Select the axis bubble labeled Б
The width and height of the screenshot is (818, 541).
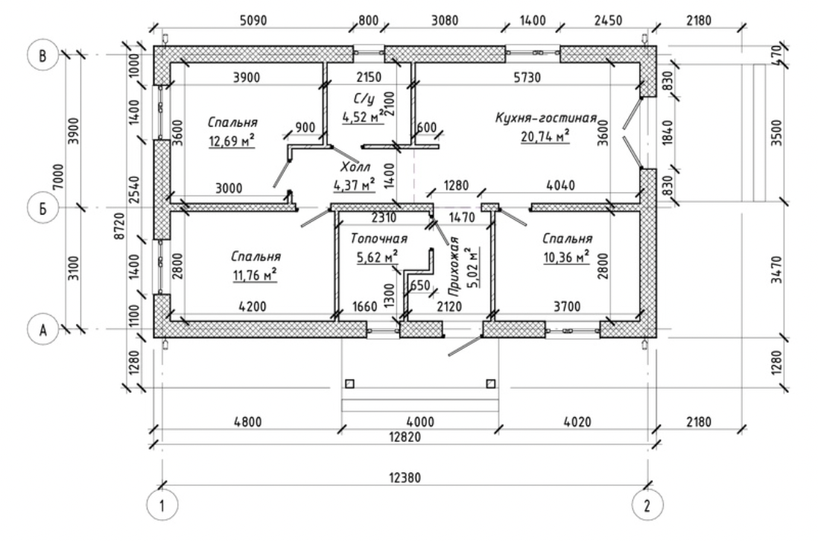tap(42, 208)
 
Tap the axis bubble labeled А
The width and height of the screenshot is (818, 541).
tap(42, 329)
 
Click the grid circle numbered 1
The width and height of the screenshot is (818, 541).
tap(162, 505)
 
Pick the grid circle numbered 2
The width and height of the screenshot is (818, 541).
tap(646, 505)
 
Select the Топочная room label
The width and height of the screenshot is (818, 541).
tap(378, 239)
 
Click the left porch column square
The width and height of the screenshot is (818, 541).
tap(349, 384)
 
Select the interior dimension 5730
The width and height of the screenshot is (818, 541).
tap(525, 77)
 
